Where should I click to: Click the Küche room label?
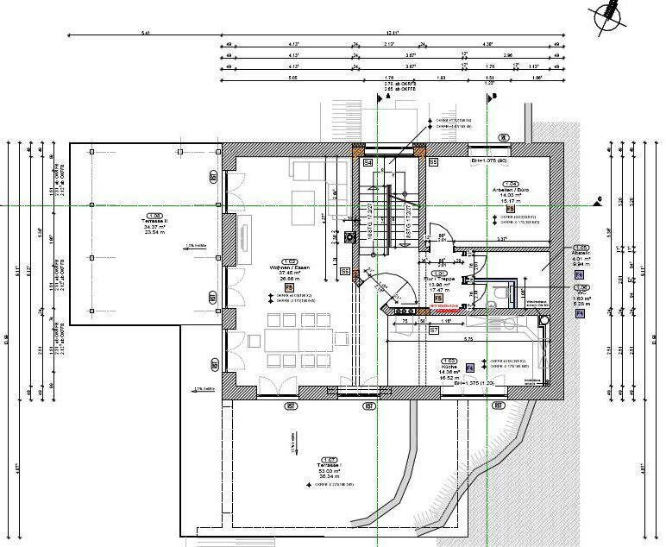coord(448,368)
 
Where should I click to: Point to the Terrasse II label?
coord(154,223)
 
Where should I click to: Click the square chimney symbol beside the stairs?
coord(349,237)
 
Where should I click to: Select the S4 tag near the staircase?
coord(368,162)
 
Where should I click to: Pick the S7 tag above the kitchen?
coord(434,330)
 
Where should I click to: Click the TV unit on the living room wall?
coord(244,236)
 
